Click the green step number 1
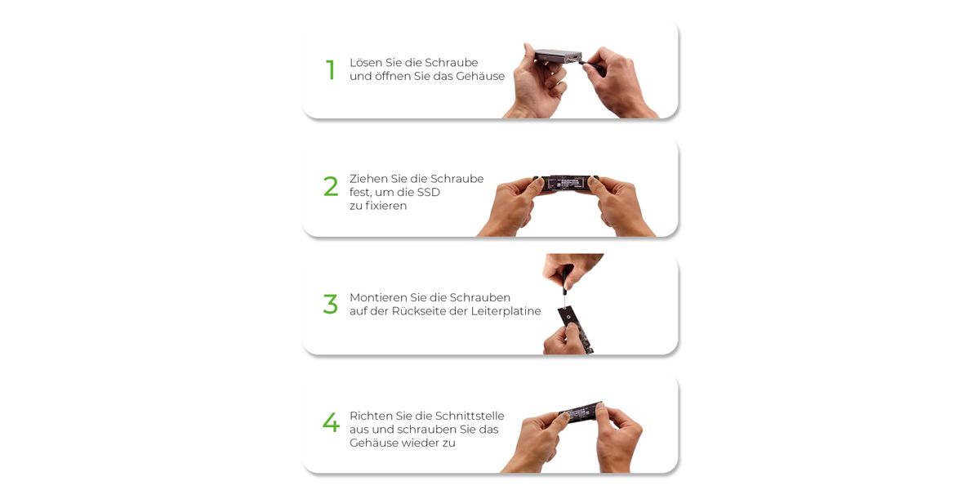point(331,70)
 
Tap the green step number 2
point(331,186)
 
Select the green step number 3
point(330,304)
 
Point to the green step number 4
point(332,422)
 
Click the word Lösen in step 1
point(366,63)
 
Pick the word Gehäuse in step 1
point(480,76)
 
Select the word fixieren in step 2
point(385,206)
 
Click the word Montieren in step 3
point(378,297)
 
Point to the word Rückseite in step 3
point(419,311)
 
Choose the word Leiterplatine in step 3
point(506,311)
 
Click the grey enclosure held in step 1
point(559,56)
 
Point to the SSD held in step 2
point(566,183)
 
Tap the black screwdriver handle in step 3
point(566,279)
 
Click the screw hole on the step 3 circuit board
point(568,317)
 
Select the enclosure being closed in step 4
point(581,413)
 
